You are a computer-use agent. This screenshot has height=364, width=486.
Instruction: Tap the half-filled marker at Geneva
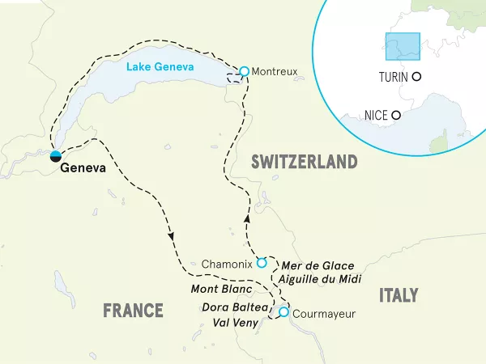coord(56,156)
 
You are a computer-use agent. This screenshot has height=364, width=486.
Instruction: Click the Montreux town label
coord(275,72)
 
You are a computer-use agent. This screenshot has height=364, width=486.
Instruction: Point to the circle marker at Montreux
coord(244,71)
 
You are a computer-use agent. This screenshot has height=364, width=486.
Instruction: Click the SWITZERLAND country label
coord(304,162)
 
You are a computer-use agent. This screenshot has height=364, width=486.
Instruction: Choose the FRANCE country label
coord(133,311)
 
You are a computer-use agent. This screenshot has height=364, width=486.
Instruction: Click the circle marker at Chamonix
coord(261,263)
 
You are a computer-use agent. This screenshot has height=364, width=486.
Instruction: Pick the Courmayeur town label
coord(324,313)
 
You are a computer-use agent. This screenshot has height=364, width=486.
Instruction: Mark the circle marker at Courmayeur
coord(283,312)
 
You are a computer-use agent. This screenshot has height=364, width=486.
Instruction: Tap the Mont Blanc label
coord(222,290)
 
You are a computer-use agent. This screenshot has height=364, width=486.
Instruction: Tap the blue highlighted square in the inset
coord(403,46)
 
